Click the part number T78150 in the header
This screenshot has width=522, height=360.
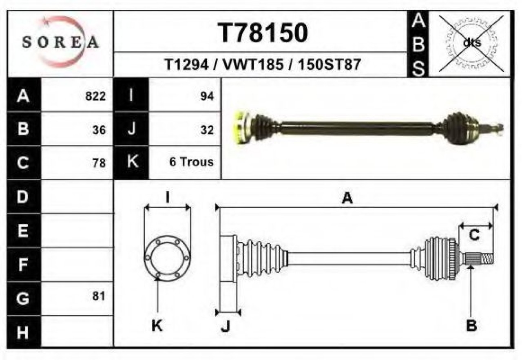point(263,33)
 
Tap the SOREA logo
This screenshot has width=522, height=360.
point(60,42)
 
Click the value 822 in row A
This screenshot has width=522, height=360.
point(96,97)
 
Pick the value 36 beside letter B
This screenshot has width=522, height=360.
point(99,130)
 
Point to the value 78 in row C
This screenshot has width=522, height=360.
point(99,163)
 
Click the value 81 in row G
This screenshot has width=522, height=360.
point(99,296)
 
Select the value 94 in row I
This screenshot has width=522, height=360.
point(207,97)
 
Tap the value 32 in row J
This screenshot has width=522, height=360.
point(207,130)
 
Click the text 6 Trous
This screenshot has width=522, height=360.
point(191,162)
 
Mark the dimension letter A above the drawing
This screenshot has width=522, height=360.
point(347,198)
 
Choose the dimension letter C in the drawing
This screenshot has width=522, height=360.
point(474,235)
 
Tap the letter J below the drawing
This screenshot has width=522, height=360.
point(226,326)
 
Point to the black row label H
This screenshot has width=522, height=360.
point(24,332)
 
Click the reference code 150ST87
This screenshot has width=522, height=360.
point(330,65)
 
